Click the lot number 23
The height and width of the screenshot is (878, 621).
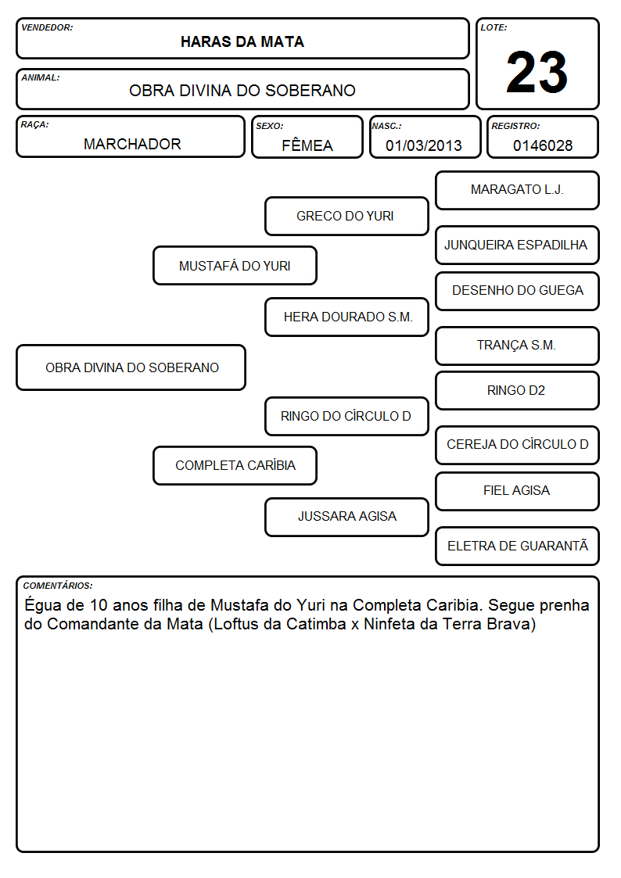537,72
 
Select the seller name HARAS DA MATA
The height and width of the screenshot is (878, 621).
242,42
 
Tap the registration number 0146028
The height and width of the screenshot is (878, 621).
543,145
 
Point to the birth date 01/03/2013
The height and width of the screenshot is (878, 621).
424,145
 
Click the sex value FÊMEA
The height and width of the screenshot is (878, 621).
307,145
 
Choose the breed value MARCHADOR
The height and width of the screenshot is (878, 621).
132,144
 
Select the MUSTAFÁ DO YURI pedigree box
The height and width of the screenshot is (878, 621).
235,265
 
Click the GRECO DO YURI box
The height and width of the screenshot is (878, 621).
346,216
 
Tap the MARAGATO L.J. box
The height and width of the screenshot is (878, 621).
518,191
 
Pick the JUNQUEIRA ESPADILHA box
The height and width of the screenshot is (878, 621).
518,245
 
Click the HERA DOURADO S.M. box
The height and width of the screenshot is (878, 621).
346,317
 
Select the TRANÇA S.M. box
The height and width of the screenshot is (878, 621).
518,346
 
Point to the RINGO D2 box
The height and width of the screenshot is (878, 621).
518,391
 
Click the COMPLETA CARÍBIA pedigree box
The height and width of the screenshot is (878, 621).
235,465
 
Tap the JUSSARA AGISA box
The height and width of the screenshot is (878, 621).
346,517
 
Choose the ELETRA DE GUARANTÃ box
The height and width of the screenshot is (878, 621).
518,546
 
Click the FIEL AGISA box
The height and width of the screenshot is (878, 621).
518,491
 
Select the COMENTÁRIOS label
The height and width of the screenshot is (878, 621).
58,586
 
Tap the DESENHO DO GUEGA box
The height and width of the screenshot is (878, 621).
518,291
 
